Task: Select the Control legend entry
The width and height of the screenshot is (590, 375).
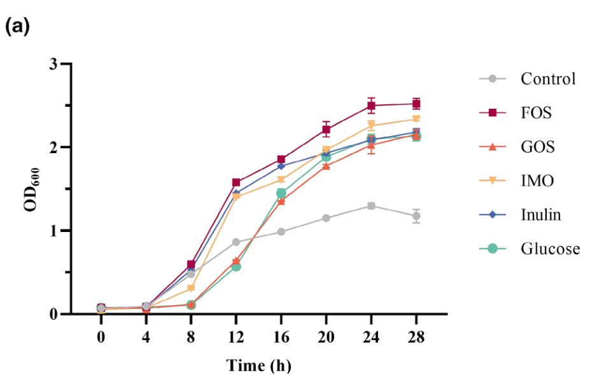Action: pos(547,79)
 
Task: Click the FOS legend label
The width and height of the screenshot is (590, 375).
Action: pos(536,113)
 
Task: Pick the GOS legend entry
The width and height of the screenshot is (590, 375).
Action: pos(537,147)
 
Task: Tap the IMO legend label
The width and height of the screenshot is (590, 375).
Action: pos(537,181)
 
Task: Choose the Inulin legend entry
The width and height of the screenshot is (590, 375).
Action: pos(540,215)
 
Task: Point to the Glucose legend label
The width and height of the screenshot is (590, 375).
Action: pos(550,249)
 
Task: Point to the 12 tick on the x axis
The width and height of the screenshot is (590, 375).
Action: pos(235,335)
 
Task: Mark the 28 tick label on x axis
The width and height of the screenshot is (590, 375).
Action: pos(416,335)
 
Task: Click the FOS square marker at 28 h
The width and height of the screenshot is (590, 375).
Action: pos(416,104)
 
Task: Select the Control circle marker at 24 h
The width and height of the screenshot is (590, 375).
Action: pos(371,206)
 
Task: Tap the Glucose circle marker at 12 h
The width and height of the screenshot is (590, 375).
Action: pos(235,266)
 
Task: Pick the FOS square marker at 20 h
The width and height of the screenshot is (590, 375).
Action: pos(327,130)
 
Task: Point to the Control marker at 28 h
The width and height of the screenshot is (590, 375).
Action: pos(416,216)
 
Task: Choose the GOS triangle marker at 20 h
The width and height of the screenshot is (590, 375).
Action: pos(327,166)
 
